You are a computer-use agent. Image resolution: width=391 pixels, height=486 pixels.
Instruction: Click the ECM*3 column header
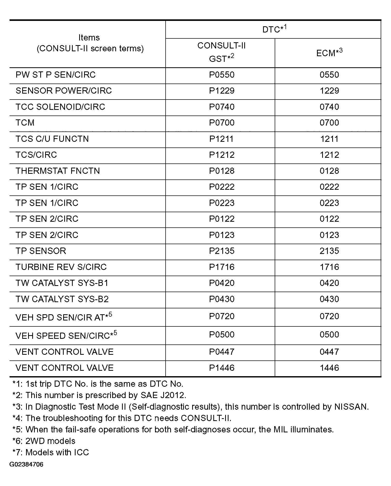click(x=329, y=53)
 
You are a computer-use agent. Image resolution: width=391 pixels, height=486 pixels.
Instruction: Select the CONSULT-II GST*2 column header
click(x=221, y=52)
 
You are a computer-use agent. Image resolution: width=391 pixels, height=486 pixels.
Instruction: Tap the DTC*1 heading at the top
click(x=274, y=29)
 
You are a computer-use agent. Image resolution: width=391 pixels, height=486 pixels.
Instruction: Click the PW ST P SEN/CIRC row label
click(x=55, y=75)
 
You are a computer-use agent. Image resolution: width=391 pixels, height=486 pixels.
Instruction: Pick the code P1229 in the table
click(x=222, y=91)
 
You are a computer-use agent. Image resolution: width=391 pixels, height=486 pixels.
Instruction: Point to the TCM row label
click(x=25, y=123)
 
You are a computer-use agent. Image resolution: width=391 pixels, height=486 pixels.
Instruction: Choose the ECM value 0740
click(x=329, y=107)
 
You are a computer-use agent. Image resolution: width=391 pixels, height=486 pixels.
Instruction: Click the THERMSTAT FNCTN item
click(x=58, y=171)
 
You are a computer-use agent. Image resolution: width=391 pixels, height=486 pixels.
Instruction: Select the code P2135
click(x=222, y=251)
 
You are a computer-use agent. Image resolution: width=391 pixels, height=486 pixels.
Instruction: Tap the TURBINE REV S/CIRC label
click(x=61, y=267)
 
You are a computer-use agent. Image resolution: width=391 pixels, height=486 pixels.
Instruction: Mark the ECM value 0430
click(x=329, y=299)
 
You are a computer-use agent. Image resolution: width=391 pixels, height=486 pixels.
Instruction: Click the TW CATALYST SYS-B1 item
click(x=62, y=283)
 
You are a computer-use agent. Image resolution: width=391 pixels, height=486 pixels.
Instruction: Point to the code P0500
click(x=222, y=335)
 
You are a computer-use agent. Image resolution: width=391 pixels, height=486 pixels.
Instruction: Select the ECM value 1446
click(x=329, y=368)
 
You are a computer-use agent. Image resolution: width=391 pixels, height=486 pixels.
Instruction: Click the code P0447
click(x=222, y=352)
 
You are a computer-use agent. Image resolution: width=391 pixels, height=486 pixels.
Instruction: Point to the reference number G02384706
click(x=26, y=465)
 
